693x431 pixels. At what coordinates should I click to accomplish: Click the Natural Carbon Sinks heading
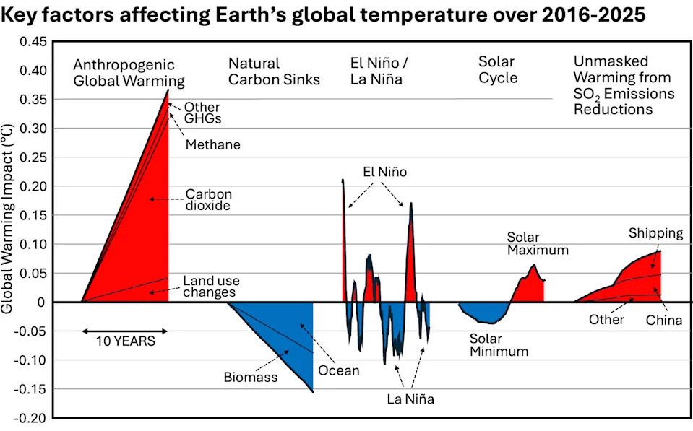click(274, 72)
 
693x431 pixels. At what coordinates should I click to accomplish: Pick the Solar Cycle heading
click(498, 70)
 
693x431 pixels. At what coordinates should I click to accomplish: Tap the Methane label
click(212, 145)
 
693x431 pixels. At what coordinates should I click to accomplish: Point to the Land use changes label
click(211, 287)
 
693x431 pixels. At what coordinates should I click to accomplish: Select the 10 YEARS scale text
click(125, 341)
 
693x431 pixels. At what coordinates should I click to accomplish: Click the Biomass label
click(251, 377)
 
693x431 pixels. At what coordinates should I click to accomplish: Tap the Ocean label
click(338, 371)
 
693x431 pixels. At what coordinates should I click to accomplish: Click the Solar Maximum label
click(537, 244)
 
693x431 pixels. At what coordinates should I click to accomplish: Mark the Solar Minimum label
click(499, 345)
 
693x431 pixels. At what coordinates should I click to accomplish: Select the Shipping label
click(655, 233)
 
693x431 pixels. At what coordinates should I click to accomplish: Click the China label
click(664, 321)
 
